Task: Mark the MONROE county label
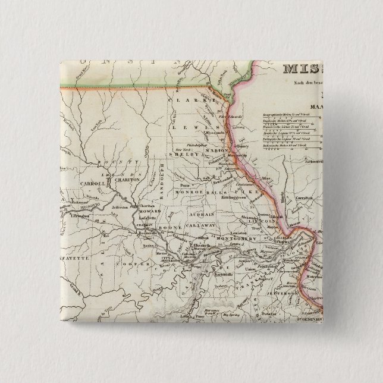click(189, 193)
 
